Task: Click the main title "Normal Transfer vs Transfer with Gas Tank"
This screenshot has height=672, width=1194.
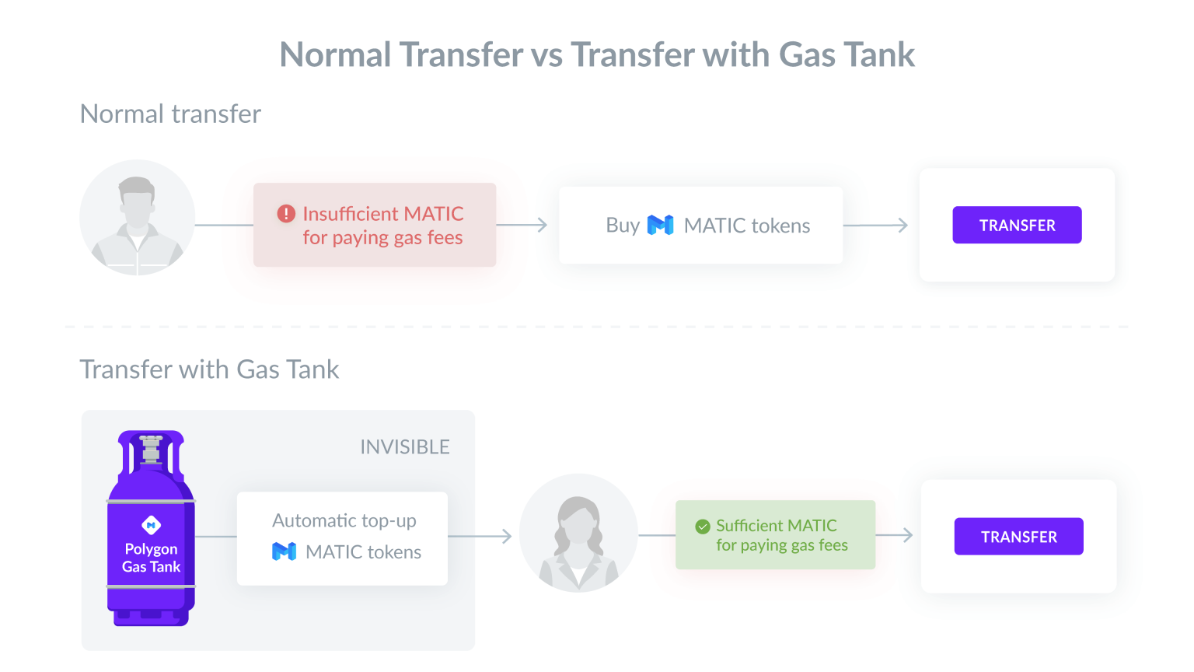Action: click(597, 55)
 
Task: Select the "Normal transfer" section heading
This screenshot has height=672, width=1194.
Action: click(170, 114)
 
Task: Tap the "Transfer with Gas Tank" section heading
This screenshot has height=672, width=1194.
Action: click(209, 369)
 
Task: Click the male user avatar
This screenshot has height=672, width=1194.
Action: click(138, 218)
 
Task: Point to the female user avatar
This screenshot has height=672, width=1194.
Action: click(578, 533)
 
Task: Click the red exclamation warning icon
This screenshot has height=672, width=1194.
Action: click(286, 214)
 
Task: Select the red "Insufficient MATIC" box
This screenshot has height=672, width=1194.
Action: click(375, 225)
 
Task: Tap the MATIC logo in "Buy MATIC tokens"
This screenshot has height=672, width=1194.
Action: click(661, 225)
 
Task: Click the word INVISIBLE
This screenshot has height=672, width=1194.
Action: click(405, 447)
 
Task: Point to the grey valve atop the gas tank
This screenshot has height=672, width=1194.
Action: click(151, 450)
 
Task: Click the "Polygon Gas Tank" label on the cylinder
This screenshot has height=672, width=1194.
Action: click(152, 558)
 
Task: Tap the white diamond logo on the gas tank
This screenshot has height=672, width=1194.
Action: click(152, 525)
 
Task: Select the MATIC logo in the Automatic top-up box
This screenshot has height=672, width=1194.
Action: click(284, 551)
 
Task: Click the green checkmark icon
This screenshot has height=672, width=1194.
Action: click(703, 527)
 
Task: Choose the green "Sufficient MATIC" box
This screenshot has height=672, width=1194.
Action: click(776, 535)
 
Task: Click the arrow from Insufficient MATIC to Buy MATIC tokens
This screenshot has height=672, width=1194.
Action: click(522, 225)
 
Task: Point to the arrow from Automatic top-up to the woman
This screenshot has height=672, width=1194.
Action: click(480, 536)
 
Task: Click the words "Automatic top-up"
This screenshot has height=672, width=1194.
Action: click(344, 520)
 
